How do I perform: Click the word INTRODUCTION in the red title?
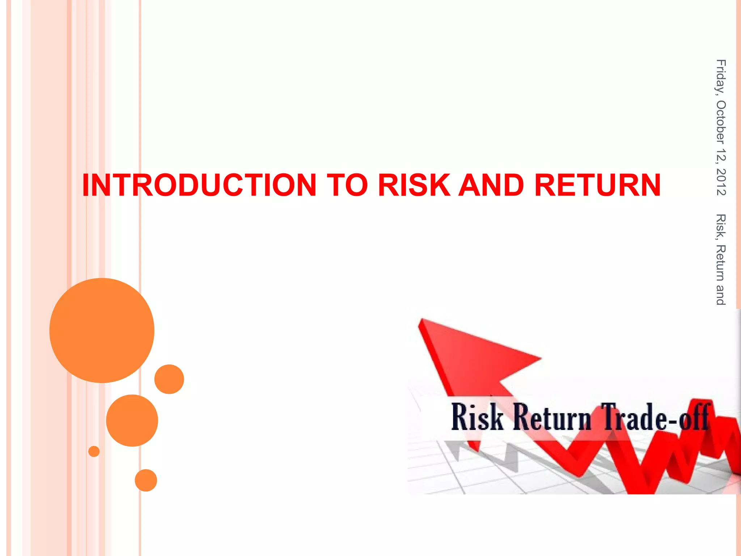[x=199, y=185]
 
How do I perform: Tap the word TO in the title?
[x=347, y=185]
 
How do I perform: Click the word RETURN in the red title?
[x=597, y=185]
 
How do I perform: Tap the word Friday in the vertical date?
[x=720, y=77]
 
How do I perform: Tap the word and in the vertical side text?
[x=720, y=295]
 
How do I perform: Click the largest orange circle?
[x=102, y=330]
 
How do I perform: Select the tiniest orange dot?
[x=94, y=451]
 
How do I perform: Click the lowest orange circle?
[x=146, y=480]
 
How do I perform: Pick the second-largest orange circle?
[x=132, y=420]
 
